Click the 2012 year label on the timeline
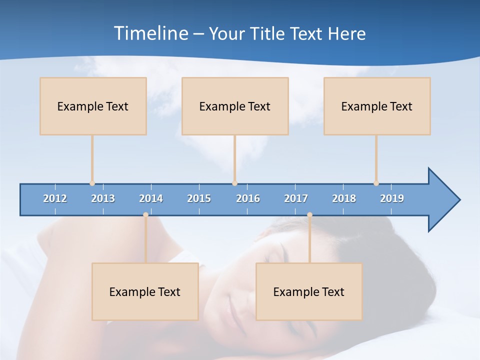click(x=55, y=198)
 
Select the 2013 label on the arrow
click(x=103, y=198)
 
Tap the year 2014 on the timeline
click(x=151, y=198)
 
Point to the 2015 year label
click(x=199, y=198)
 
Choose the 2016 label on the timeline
click(x=248, y=198)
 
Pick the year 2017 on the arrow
click(x=296, y=198)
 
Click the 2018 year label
click(x=344, y=198)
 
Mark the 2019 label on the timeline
click(x=392, y=198)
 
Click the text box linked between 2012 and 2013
click(x=93, y=106)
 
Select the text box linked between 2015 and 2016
click(x=235, y=106)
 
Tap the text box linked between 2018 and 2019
click(x=377, y=106)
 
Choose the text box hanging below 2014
click(x=145, y=291)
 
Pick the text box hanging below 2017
click(x=309, y=291)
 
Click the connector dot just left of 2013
click(x=92, y=183)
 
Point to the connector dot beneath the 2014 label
click(x=145, y=214)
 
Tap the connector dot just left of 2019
click(x=376, y=183)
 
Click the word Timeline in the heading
click(x=151, y=33)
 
